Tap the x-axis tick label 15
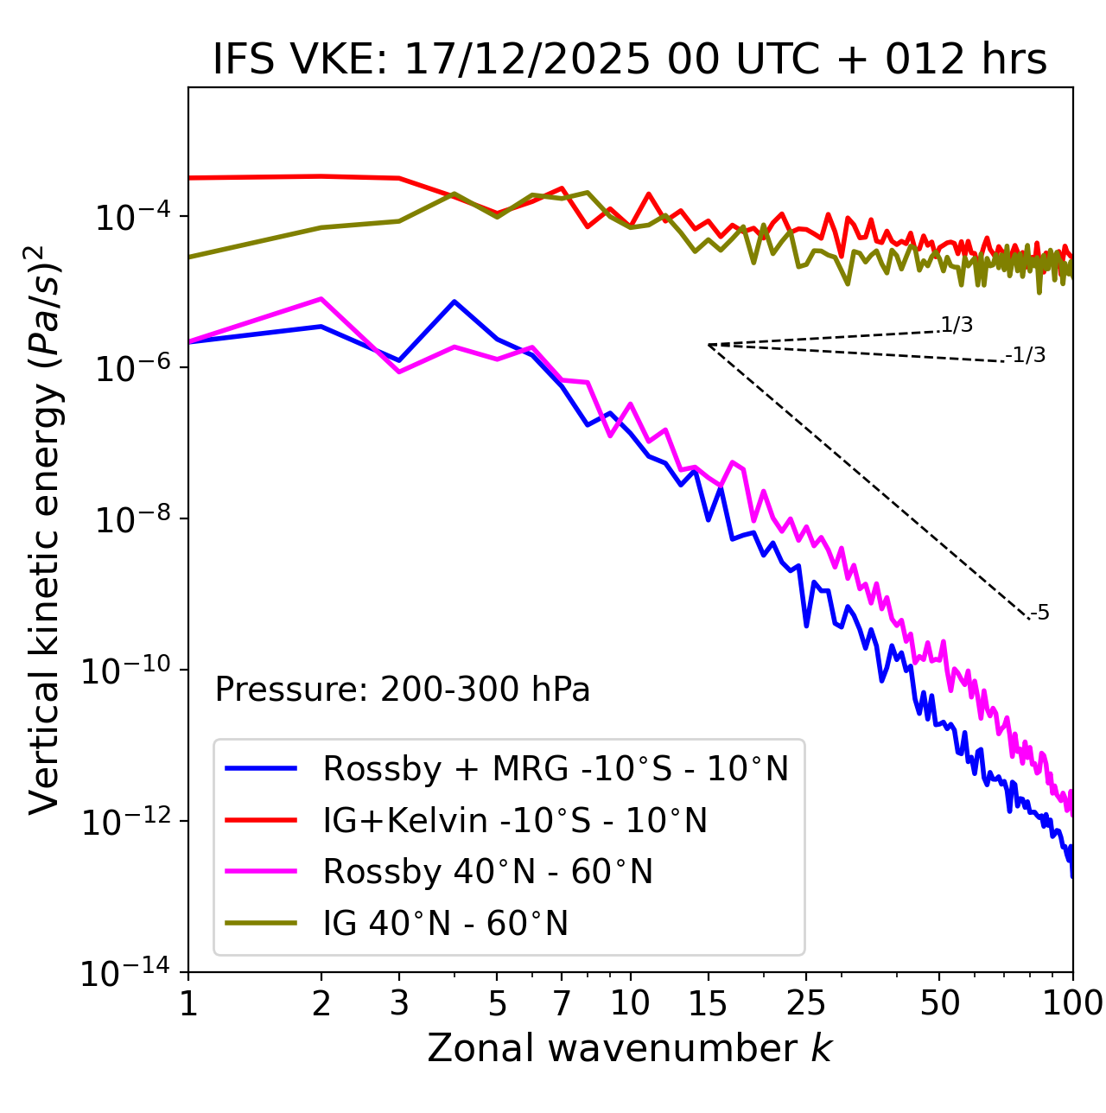tap(708, 1003)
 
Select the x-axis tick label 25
tap(805, 1003)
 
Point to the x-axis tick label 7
tap(562, 1003)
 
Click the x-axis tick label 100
tap(1072, 1003)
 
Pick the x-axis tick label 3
tap(399, 1003)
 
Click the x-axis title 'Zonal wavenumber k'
tap(630, 1048)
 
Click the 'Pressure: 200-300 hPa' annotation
tap(403, 690)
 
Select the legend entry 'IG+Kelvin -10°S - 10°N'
tap(515, 820)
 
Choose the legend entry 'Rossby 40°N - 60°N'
tap(487, 872)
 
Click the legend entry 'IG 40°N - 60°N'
tap(446, 924)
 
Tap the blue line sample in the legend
tap(261, 768)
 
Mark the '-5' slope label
tap(1040, 614)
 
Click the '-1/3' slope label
tap(1026, 355)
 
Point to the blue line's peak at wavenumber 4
tap(454, 302)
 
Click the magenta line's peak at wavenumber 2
tap(321, 299)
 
